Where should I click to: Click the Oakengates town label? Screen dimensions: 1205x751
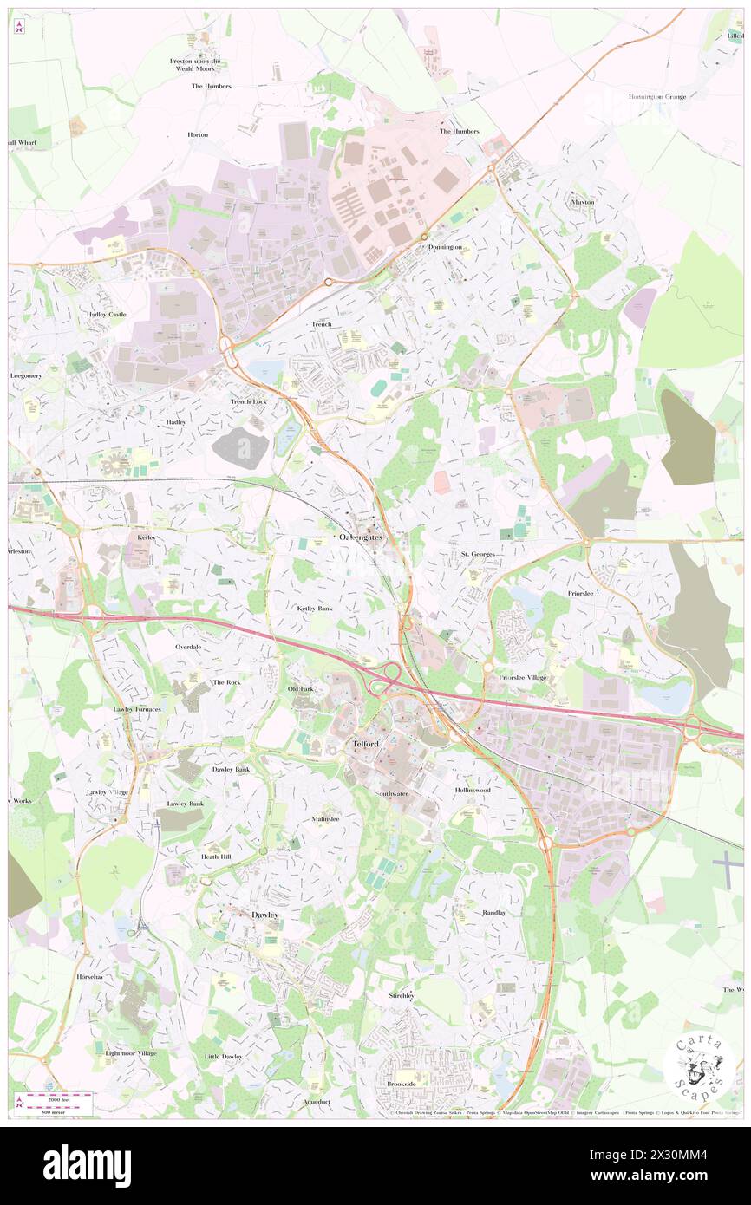[360, 538]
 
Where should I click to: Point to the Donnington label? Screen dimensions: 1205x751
[445, 247]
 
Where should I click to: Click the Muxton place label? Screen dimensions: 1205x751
[583, 202]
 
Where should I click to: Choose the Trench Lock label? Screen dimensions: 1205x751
[248, 402]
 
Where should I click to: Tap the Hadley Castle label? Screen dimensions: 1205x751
[106, 314]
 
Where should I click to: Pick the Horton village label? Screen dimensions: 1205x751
[198, 135]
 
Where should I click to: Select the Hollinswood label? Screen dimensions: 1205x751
[473, 791]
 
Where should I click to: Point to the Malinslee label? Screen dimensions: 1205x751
[325, 818]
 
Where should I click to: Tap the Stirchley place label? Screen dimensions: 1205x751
[402, 996]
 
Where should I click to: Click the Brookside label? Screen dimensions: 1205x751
[402, 1084]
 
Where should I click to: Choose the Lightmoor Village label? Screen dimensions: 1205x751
[131, 1053]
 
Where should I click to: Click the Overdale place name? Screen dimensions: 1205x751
[188, 647]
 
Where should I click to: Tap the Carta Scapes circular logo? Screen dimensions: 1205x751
[699, 1065]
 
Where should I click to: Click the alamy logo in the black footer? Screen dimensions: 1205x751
[87, 1166]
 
